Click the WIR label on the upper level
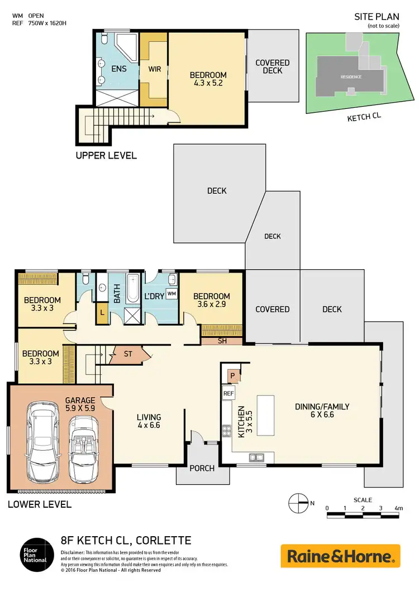(154, 70)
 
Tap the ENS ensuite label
(118, 69)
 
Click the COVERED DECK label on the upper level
(272, 66)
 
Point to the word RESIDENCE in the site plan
(352, 77)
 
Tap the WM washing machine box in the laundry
(172, 293)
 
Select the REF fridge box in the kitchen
(228, 393)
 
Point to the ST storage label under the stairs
(127, 354)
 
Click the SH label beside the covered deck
(221, 341)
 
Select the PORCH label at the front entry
(202, 468)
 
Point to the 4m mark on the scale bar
(398, 508)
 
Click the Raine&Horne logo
(340, 556)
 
